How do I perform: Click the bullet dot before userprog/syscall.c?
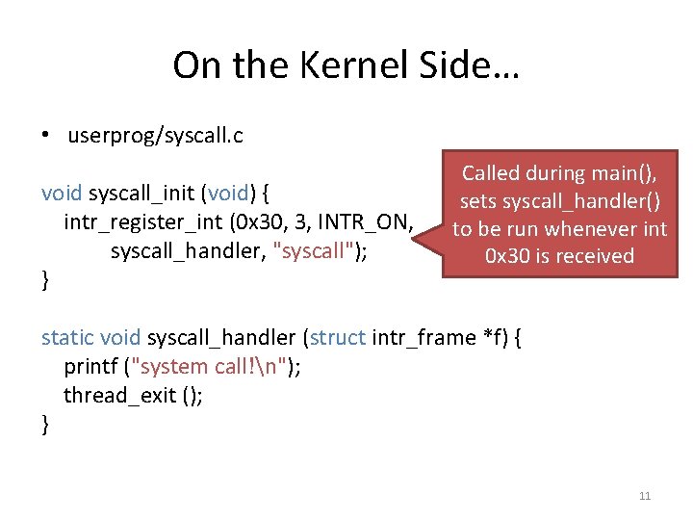tap(45, 136)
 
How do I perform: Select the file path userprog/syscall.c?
tap(155, 136)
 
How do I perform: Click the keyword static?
tap(67, 337)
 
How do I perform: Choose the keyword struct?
tap(337, 337)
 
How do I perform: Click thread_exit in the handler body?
tap(119, 395)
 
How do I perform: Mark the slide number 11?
tap(645, 496)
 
